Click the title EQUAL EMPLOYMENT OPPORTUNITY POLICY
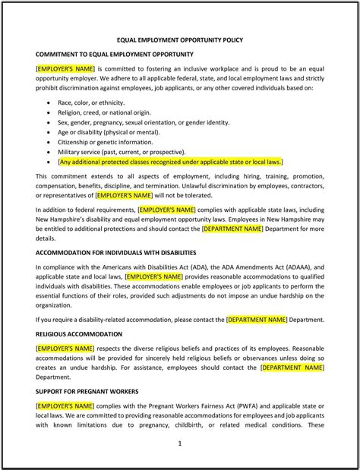tap(179, 39)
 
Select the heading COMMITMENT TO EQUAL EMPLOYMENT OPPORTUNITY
tap(114, 54)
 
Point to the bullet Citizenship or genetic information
tap(105, 141)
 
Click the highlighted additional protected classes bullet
tap(169, 162)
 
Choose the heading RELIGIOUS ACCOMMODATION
tap(79, 333)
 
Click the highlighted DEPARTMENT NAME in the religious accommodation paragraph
tap(292, 367)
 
